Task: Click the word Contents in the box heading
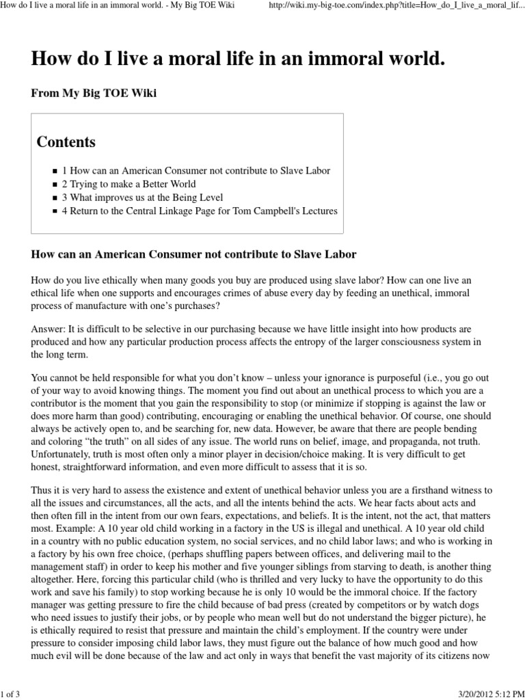tap(66, 142)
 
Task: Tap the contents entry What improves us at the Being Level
tap(144, 198)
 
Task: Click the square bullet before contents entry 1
tap(55, 171)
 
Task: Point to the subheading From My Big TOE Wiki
tap(94, 93)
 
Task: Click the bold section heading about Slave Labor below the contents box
tap(194, 254)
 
